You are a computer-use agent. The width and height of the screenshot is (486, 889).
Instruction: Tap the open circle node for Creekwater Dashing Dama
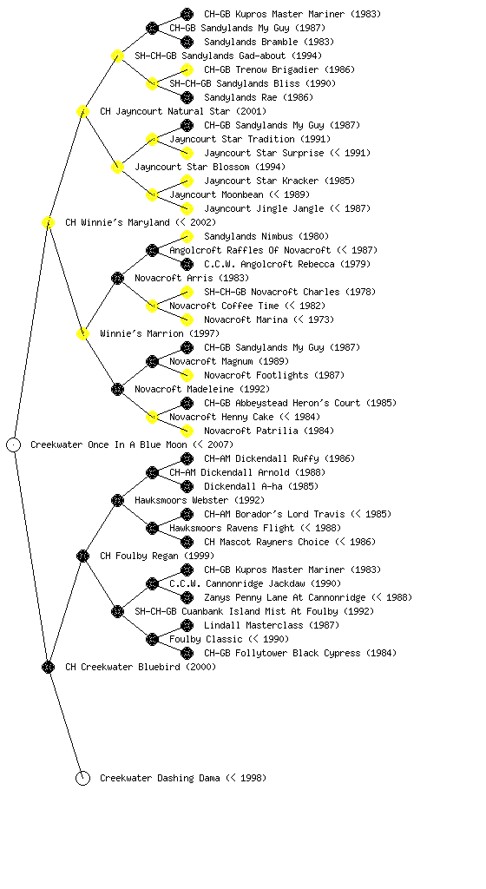pyautogui.click(x=82, y=779)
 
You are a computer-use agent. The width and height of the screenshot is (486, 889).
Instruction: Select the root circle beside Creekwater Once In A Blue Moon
pyautogui.click(x=14, y=445)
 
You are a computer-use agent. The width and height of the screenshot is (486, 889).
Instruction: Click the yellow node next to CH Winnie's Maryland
pyautogui.click(x=48, y=223)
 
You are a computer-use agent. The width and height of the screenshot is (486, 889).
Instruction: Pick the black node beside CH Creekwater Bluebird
pyautogui.click(x=48, y=668)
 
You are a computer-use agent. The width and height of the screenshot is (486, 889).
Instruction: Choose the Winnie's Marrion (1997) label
pyautogui.click(x=160, y=334)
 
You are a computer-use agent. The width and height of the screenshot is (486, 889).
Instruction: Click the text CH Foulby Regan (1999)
pyautogui.click(x=157, y=556)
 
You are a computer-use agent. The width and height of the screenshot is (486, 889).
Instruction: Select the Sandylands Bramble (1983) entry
pyautogui.click(x=269, y=42)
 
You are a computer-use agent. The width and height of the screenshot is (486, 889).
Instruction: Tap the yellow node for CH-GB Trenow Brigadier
pyautogui.click(x=187, y=69)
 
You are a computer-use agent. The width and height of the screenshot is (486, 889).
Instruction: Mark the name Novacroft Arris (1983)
pyautogui.click(x=192, y=279)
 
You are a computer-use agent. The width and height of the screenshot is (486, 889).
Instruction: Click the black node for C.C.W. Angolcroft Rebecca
pyautogui.click(x=187, y=264)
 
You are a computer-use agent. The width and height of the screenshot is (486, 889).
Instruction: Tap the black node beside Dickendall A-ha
pyautogui.click(x=187, y=486)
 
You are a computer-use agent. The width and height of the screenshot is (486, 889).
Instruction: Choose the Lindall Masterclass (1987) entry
pyautogui.click(x=272, y=625)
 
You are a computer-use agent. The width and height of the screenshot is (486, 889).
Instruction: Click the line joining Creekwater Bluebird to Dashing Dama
pyautogui.click(x=66, y=723)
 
